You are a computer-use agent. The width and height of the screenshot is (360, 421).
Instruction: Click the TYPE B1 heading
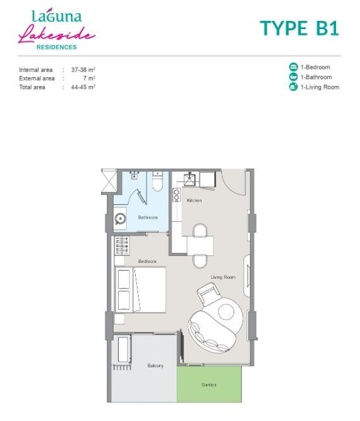coord(299,28)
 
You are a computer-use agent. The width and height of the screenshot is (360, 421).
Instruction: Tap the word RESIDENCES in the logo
coord(57,47)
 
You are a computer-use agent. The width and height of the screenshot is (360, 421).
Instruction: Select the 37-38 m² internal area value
coord(83,70)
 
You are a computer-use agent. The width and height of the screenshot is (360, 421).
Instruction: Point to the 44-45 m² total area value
coord(83,87)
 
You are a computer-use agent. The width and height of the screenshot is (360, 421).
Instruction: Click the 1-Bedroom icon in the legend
coord(294,67)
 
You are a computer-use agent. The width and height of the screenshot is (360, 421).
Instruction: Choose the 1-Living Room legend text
coord(320,87)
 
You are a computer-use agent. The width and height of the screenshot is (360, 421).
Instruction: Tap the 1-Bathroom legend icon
coord(294,76)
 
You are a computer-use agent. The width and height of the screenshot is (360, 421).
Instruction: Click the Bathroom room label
coord(148,217)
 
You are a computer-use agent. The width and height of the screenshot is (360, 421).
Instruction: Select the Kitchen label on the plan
coord(194,200)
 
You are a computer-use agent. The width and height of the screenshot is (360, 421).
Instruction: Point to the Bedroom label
coord(147,261)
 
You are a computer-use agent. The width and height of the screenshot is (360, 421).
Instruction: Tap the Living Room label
coord(223,277)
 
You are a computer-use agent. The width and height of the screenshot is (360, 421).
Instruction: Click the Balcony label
coord(155,366)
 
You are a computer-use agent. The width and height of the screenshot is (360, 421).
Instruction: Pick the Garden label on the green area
coord(208,385)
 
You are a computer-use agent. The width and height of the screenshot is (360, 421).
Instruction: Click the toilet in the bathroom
coord(157,181)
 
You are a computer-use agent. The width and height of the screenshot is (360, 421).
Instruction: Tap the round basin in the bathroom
coord(120,219)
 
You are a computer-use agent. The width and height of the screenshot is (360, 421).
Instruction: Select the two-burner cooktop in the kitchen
coord(176,195)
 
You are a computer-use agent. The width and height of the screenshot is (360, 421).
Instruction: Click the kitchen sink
coord(189,180)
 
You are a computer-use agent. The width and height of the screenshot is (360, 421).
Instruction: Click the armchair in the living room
coord(208,293)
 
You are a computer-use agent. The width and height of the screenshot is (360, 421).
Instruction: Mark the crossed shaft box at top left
coord(109,181)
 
